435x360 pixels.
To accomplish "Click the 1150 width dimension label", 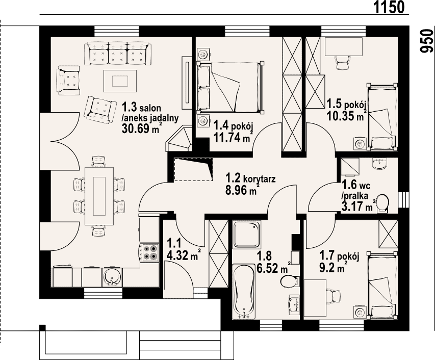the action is [389, 7].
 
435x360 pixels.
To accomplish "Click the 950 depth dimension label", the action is [427, 40].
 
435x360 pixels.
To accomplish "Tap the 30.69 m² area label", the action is [142, 128].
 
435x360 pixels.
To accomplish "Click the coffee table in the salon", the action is [120, 81].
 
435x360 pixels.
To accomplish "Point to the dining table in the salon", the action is [99, 196].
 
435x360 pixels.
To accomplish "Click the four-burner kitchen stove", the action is [150, 253].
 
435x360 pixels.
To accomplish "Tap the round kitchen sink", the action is [112, 277].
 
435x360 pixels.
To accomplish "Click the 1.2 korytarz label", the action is [250, 178].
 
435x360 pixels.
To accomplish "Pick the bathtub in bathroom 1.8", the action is [244, 291].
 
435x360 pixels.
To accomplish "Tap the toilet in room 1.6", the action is [383, 203].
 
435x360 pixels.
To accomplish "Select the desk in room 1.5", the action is [343, 47].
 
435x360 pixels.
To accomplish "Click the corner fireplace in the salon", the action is [178, 139].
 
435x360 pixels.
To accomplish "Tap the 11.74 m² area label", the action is [234, 137].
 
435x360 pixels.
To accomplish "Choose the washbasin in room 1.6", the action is [380, 164].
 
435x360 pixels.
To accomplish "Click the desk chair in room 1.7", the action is [333, 296].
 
